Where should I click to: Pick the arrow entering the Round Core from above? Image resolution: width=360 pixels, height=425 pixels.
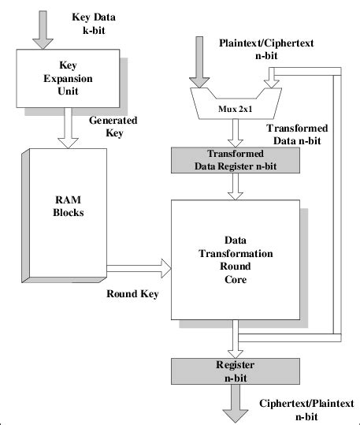(x=233, y=186)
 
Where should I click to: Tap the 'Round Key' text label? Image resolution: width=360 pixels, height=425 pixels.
(x=132, y=294)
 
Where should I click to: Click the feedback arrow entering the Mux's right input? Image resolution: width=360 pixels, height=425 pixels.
(x=272, y=76)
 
